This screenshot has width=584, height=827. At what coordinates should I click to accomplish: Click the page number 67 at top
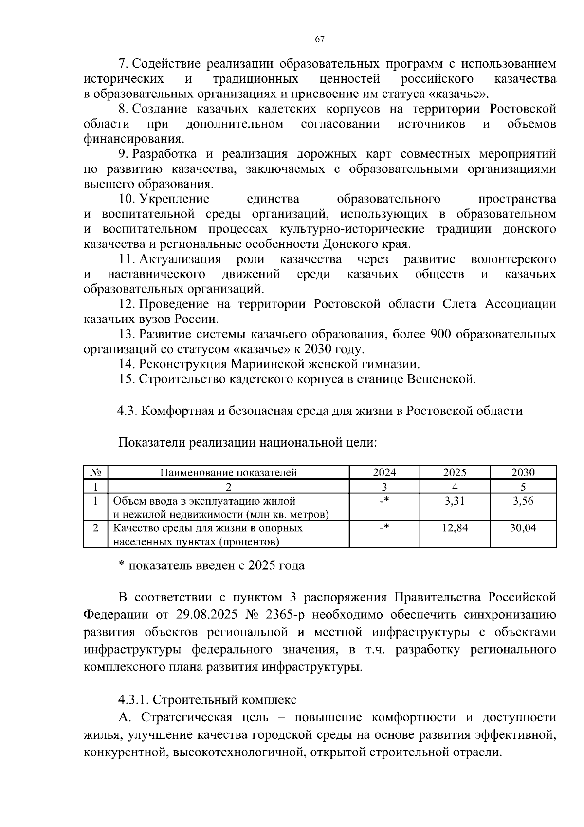[319, 39]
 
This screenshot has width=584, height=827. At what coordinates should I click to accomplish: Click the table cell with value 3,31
[455, 501]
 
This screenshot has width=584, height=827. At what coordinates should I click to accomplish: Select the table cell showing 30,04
[523, 528]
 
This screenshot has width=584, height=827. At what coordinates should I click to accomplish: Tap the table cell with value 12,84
[455, 528]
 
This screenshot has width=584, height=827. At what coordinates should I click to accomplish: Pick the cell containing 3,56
[523, 501]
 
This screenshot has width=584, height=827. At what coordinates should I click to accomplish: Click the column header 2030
[523, 472]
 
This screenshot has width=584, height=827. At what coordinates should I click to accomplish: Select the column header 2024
[384, 472]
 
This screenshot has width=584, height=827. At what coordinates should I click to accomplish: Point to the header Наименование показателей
[229, 472]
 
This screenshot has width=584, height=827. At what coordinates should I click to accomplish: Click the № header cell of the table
[95, 472]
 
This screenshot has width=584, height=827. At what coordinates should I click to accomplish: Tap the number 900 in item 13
[440, 335]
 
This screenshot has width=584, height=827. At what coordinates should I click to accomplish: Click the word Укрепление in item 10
[174, 199]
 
